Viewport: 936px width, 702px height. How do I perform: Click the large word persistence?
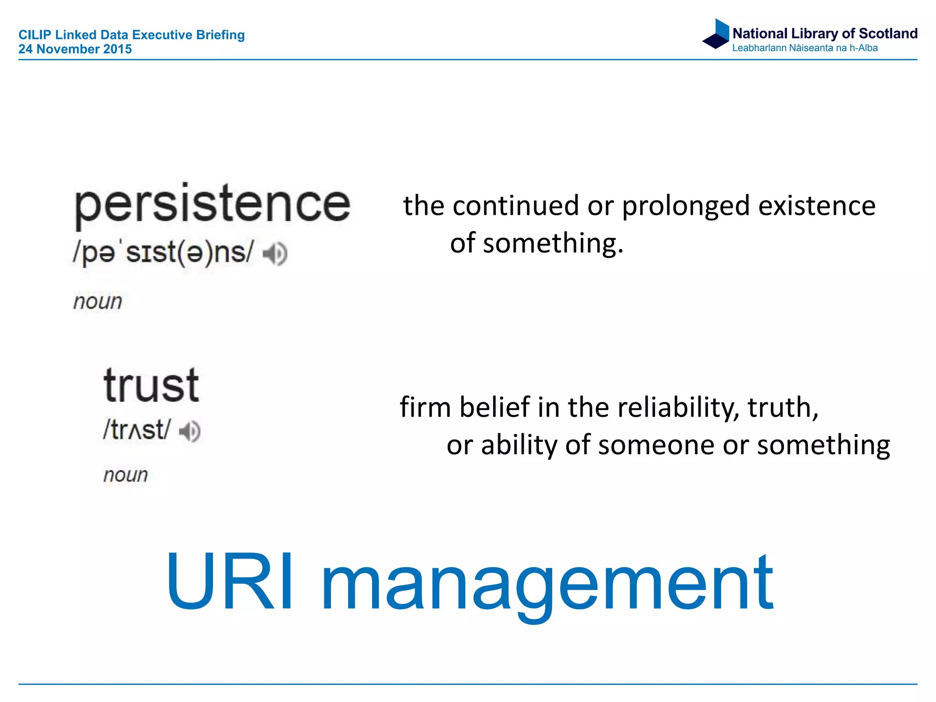[x=213, y=205]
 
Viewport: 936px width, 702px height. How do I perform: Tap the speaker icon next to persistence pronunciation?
[x=275, y=254]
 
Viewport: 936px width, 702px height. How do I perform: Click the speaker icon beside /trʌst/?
[x=190, y=431]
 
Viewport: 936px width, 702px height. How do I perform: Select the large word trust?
[x=151, y=386]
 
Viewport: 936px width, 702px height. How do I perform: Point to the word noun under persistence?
[x=98, y=302]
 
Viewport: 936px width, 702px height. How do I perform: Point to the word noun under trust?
[x=126, y=475]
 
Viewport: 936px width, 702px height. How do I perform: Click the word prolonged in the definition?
[x=686, y=206]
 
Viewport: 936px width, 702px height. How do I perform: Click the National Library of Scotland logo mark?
[x=716, y=34]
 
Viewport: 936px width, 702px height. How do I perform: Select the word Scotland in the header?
[x=888, y=33]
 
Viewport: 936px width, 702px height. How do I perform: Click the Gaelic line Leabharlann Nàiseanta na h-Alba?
[x=804, y=48]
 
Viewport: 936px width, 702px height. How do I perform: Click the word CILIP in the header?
[x=34, y=35]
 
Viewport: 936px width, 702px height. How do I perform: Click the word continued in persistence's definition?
[x=516, y=206]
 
